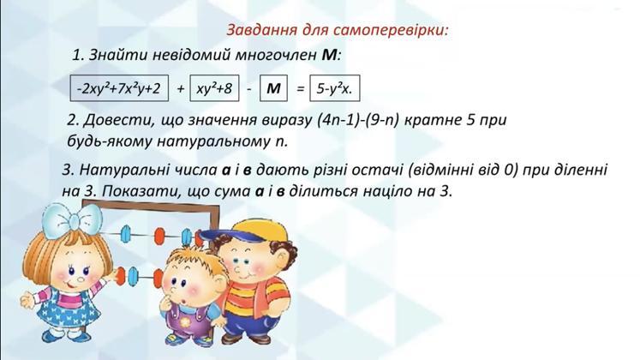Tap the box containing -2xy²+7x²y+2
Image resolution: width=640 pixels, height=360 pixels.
click(119, 88)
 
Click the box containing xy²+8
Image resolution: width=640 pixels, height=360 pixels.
click(214, 88)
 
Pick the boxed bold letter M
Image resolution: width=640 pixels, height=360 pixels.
click(273, 88)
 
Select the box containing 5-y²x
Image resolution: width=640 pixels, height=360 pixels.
click(335, 88)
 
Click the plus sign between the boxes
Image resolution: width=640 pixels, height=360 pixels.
click(180, 88)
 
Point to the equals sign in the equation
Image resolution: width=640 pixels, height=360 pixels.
click(300, 88)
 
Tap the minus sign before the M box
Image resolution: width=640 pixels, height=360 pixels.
click(249, 89)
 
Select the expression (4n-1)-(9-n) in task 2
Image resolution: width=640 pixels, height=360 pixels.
click(357, 120)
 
